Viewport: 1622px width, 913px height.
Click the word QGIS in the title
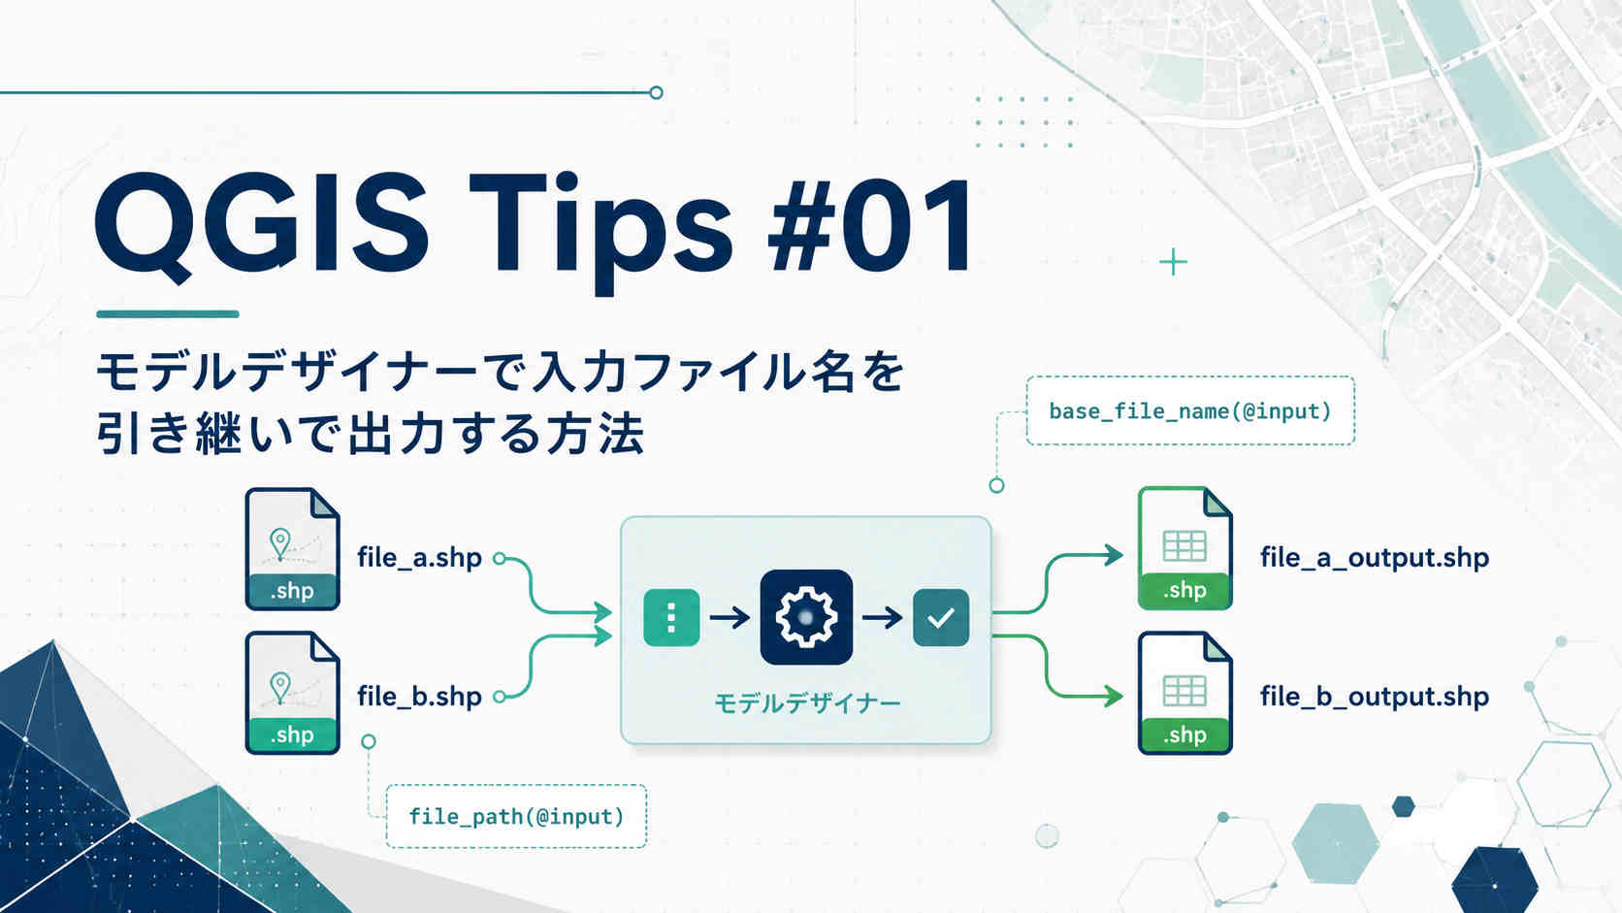click(x=261, y=224)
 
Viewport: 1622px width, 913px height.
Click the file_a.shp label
click(x=419, y=558)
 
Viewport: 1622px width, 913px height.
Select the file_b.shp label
click(x=419, y=697)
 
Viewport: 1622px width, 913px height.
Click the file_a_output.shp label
click(x=1375, y=558)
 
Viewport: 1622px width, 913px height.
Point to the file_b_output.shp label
click(x=1375, y=697)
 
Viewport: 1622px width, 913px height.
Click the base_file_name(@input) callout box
click(x=1190, y=410)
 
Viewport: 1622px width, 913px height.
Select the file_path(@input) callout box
click(x=516, y=816)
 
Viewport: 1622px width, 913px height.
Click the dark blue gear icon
click(x=806, y=617)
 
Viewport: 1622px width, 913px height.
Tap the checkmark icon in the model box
click(x=941, y=618)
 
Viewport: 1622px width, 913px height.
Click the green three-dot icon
click(x=671, y=618)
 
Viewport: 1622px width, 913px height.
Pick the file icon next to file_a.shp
click(x=293, y=549)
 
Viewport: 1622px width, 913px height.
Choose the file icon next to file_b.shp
click(x=293, y=693)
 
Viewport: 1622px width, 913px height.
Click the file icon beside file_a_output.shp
click(x=1184, y=548)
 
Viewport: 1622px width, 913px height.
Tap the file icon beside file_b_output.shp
click(x=1184, y=693)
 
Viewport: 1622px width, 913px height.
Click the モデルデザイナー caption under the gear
click(x=807, y=703)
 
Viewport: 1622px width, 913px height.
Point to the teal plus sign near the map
click(x=1173, y=262)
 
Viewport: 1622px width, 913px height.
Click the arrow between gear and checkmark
click(x=883, y=618)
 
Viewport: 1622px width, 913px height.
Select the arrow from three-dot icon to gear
click(x=730, y=618)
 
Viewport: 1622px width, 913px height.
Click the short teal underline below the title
click(x=167, y=314)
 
